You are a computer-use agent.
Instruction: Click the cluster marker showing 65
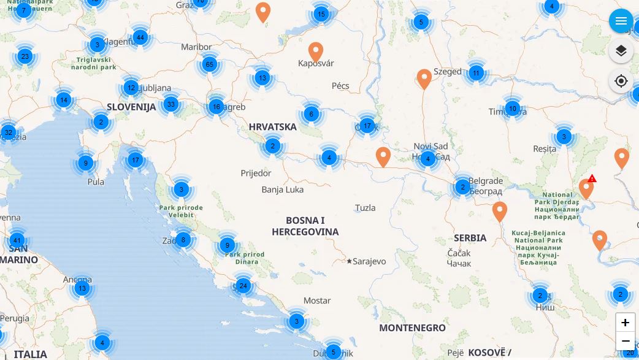pos(210,64)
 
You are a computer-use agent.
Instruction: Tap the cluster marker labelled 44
pos(140,37)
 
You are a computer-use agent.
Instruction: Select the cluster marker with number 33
pos(171,104)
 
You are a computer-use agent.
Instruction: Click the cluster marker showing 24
pos(243,286)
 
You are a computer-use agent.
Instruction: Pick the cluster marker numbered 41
pos(17,241)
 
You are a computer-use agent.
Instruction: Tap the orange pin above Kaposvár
pos(316,52)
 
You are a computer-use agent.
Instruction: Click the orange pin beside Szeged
pos(424,78)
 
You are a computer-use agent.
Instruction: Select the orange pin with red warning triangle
pos(586,188)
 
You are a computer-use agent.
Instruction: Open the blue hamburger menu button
pos(621,21)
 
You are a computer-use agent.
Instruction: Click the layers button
pos(621,51)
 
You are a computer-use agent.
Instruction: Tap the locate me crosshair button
pos(621,81)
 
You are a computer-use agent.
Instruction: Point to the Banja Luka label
pos(282,190)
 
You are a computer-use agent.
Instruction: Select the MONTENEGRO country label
pos(412,328)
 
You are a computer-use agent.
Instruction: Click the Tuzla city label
pos(365,208)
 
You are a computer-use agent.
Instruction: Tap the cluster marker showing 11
pos(476,73)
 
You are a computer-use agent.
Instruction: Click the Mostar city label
pos(317,301)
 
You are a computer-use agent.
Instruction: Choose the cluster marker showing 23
pos(25,56)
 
